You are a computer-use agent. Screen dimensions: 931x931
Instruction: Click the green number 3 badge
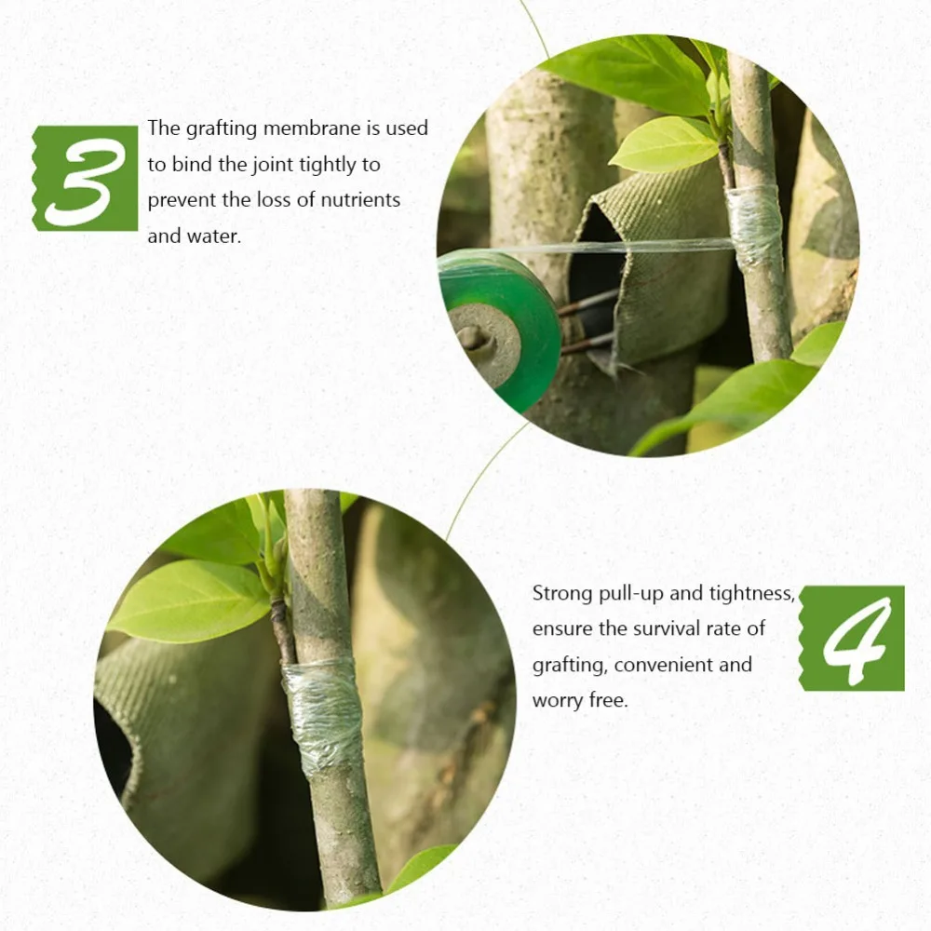click(x=85, y=178)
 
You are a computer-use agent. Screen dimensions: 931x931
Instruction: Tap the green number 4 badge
click(x=852, y=639)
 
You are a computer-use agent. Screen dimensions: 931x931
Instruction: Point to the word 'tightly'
click(x=327, y=165)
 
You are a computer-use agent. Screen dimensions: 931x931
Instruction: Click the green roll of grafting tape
click(x=500, y=330)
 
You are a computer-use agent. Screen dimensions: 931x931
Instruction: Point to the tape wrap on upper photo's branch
click(x=753, y=225)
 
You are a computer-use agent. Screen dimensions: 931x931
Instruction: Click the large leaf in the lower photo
click(x=190, y=600)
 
